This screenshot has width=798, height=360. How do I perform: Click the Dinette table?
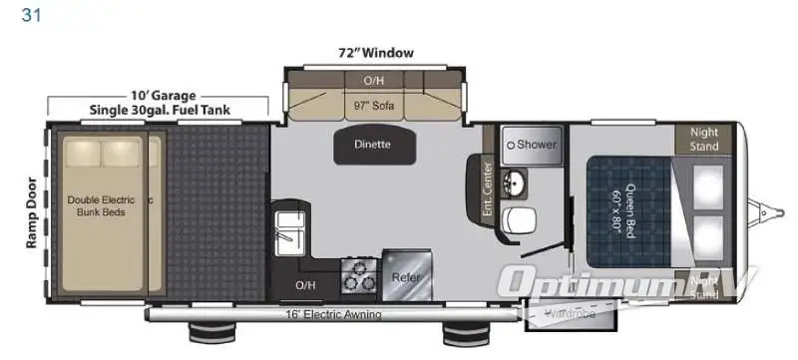[x=371, y=145]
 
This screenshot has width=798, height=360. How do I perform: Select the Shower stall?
[x=531, y=145]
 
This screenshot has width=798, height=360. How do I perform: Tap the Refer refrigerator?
[x=405, y=276]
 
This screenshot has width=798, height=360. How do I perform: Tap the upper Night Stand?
[x=703, y=139]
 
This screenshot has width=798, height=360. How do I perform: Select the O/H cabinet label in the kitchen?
[x=305, y=285]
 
